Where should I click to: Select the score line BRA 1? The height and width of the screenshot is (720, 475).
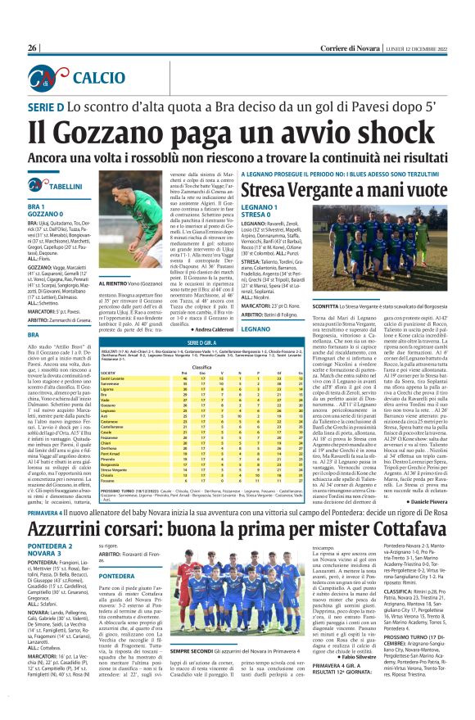pyautogui.click(x=36, y=207)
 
